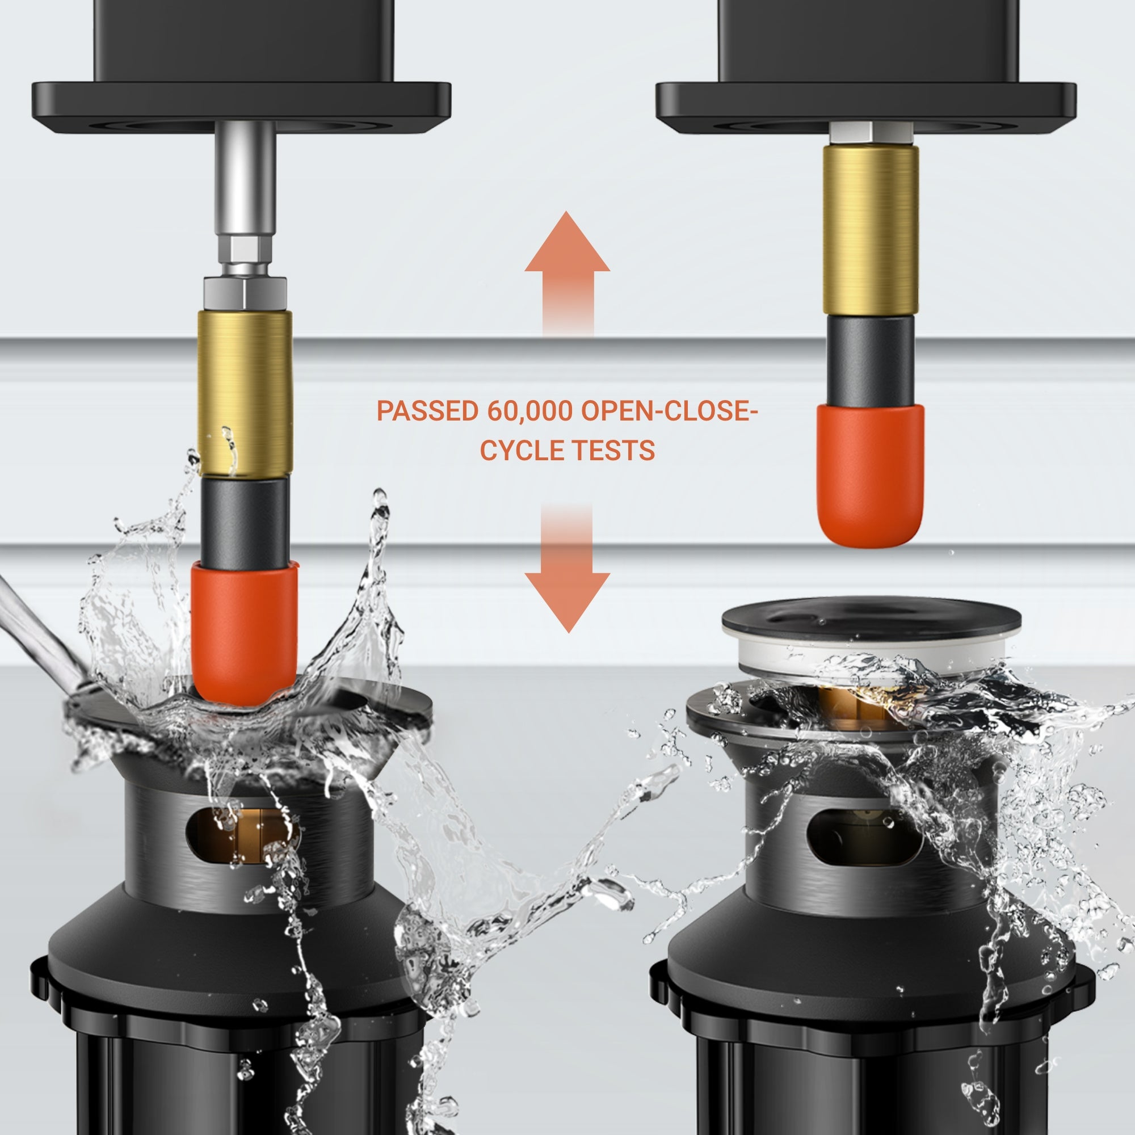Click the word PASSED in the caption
click(428, 411)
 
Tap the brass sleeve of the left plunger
click(245, 393)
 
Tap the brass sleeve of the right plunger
click(870, 229)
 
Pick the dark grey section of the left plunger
click(245, 520)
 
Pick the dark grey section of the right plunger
click(870, 360)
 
